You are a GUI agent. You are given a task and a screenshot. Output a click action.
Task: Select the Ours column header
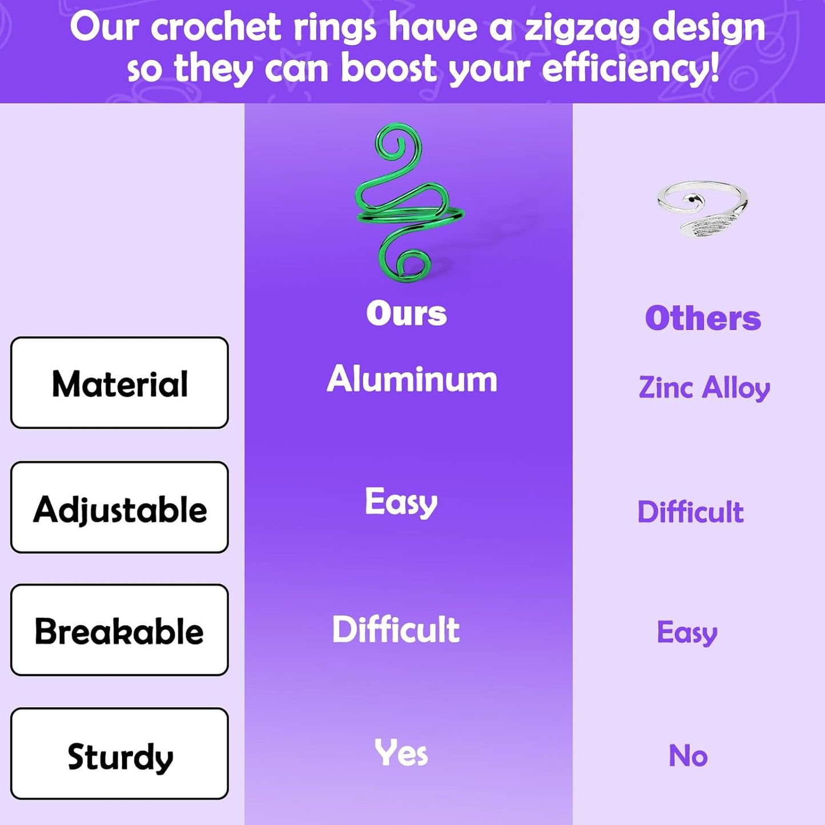[407, 313]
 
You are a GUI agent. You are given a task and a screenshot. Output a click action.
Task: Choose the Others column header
[703, 319]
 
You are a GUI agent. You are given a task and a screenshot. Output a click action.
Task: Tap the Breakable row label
[119, 631]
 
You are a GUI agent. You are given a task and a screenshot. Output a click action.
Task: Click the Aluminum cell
[412, 379]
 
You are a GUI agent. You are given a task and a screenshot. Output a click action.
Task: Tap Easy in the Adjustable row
[401, 503]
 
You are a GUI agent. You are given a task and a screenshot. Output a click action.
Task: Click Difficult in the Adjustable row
[691, 512]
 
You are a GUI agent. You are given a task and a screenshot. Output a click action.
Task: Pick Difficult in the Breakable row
[396, 629]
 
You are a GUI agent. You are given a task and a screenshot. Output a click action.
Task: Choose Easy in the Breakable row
[687, 633]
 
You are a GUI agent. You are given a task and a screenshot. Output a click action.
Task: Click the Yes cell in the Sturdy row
[401, 753]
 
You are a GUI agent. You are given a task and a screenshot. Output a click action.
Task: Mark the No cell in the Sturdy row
[688, 756]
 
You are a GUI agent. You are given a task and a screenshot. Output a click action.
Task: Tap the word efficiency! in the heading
[631, 69]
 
